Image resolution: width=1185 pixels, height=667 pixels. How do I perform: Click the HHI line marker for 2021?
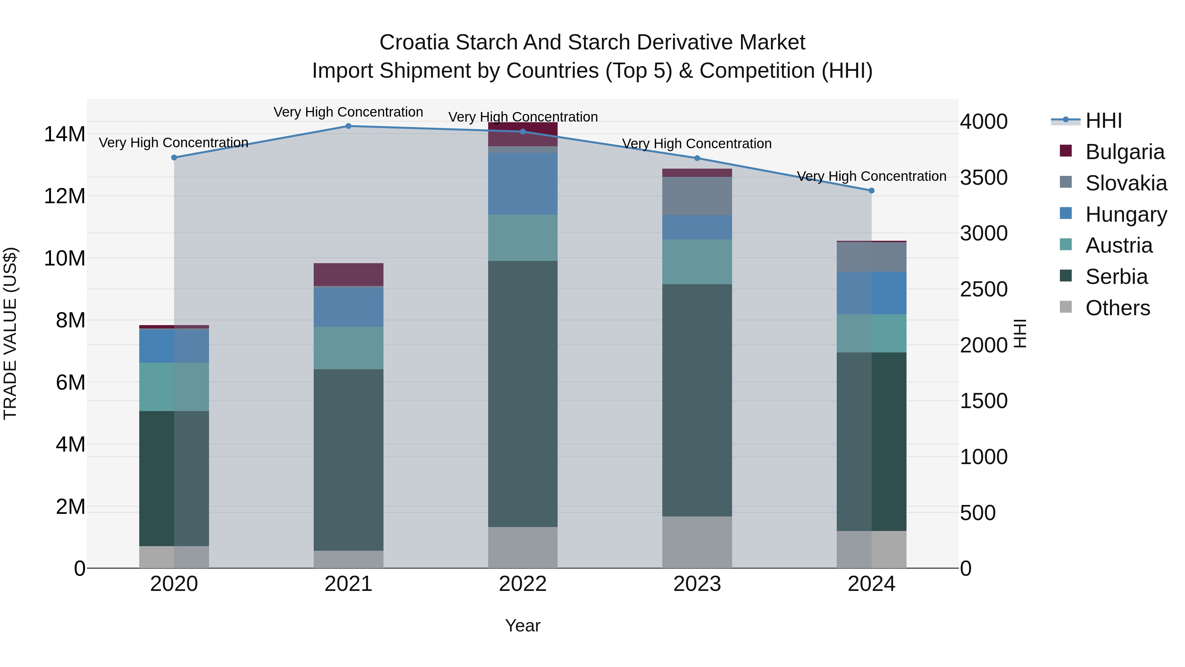click(x=348, y=126)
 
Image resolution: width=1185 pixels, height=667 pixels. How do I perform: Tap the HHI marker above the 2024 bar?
click(x=871, y=191)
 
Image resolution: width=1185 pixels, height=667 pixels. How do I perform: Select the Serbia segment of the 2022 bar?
click(x=523, y=394)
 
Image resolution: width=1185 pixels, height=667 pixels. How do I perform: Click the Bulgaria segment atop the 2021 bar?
click(x=348, y=274)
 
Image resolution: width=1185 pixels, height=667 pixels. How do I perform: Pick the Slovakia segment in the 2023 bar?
click(x=697, y=196)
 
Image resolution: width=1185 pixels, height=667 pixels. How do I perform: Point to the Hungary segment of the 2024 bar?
click(x=871, y=293)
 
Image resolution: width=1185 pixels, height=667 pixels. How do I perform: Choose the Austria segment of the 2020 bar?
click(x=174, y=387)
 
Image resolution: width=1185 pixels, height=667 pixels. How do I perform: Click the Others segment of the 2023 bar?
click(x=697, y=542)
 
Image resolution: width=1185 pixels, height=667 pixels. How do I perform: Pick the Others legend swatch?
click(x=1066, y=307)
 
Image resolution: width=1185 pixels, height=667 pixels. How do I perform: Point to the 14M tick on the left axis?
click(x=65, y=134)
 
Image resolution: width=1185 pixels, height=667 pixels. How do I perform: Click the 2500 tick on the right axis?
click(x=984, y=290)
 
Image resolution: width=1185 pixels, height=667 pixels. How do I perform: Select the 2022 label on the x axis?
click(x=523, y=584)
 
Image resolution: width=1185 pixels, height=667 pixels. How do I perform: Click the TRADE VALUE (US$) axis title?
click(x=10, y=333)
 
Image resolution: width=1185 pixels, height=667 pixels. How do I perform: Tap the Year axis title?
click(x=523, y=625)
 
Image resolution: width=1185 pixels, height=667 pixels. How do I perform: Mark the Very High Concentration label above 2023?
click(x=697, y=144)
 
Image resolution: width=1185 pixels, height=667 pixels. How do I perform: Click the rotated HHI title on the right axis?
click(x=1020, y=333)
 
